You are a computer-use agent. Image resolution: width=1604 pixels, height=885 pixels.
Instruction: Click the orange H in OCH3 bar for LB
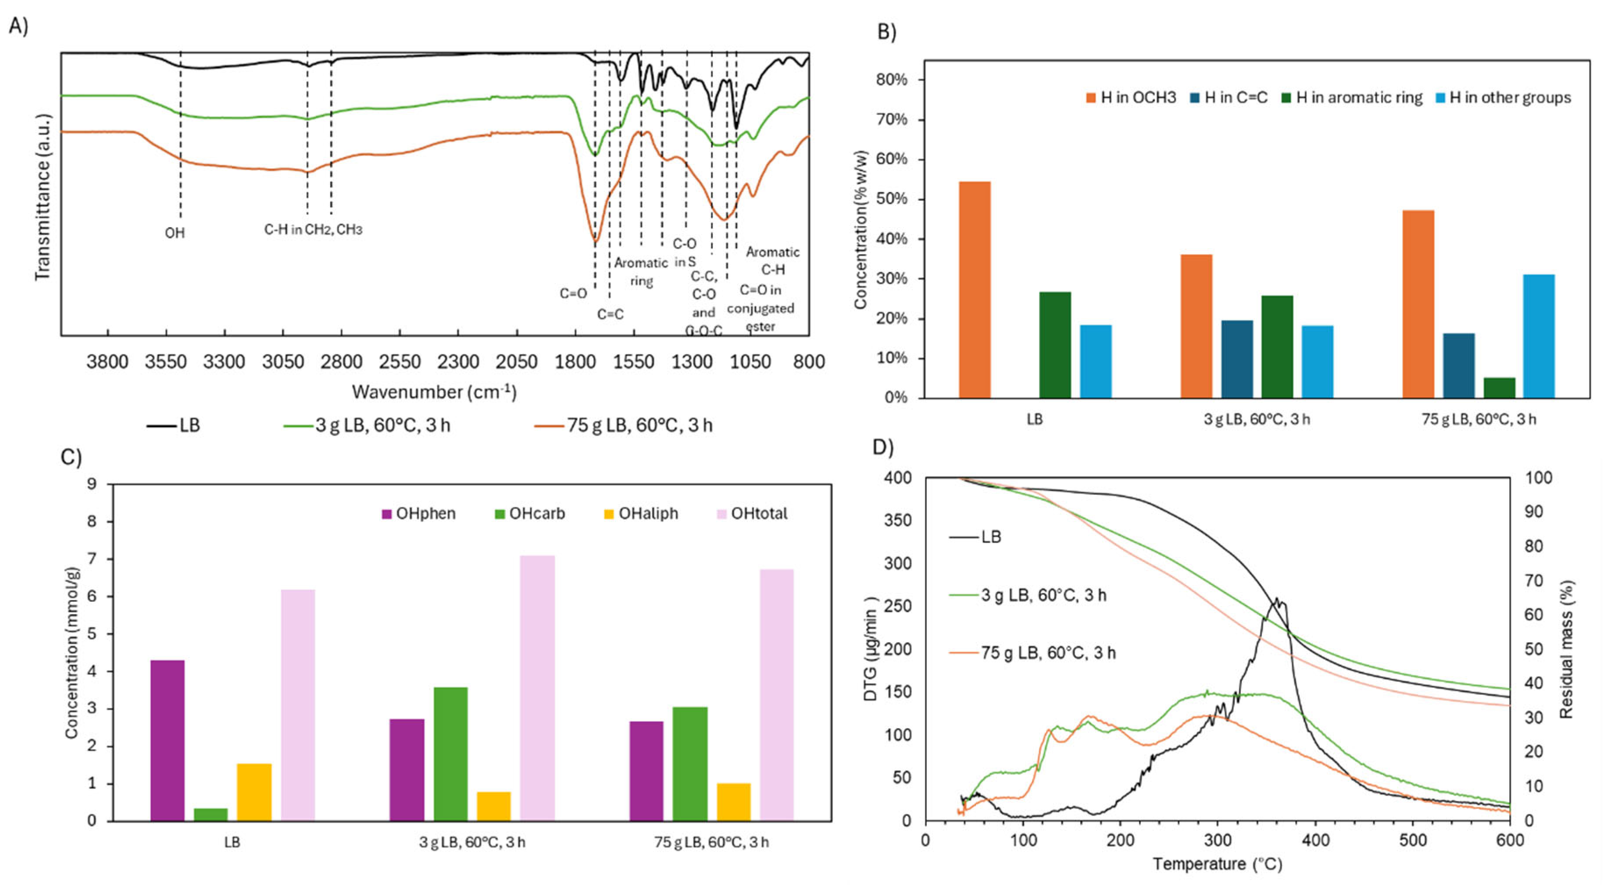click(975, 289)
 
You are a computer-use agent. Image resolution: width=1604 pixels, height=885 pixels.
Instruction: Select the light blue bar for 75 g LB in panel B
click(1539, 336)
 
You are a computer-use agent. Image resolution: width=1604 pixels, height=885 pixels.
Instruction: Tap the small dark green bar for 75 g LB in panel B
click(1499, 387)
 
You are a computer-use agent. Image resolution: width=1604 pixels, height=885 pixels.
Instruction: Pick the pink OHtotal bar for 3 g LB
click(537, 688)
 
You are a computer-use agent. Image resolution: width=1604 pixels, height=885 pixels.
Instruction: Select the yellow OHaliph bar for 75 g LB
click(733, 802)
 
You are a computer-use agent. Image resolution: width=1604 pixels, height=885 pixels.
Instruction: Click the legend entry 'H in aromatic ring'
click(1359, 98)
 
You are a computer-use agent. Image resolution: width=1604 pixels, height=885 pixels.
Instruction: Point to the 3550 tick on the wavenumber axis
click(166, 362)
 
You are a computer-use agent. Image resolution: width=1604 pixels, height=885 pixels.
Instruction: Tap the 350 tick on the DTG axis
click(897, 520)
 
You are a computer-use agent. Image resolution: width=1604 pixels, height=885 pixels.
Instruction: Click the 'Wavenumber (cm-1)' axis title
click(434, 392)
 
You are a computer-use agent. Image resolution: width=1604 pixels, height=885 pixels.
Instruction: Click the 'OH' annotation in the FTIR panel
click(175, 233)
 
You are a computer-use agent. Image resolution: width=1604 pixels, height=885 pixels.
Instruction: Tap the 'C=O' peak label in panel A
click(573, 294)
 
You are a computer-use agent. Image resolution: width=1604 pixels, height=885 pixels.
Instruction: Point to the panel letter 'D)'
click(883, 446)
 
